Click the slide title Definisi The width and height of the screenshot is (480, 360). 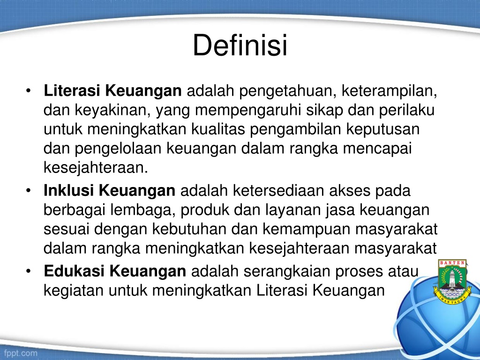(240, 45)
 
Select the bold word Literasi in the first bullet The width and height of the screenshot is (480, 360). (72, 90)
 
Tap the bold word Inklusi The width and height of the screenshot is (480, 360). (68, 190)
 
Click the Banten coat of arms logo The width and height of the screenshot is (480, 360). (452, 282)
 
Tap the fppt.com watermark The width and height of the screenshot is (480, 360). (21, 353)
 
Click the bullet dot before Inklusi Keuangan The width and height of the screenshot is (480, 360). (29, 191)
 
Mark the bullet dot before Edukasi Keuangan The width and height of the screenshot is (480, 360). (29, 271)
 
